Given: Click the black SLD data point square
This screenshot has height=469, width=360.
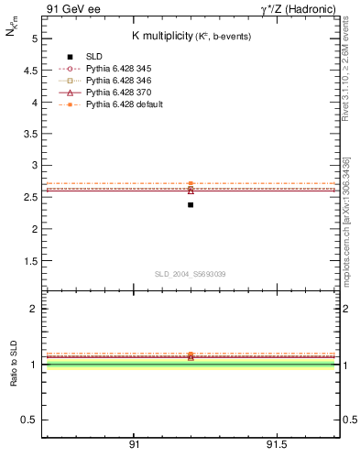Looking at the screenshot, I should click(191, 204).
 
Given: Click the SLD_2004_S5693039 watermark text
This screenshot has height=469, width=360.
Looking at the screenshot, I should click(190, 274).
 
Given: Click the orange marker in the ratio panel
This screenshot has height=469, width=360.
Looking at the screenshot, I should click(191, 354).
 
